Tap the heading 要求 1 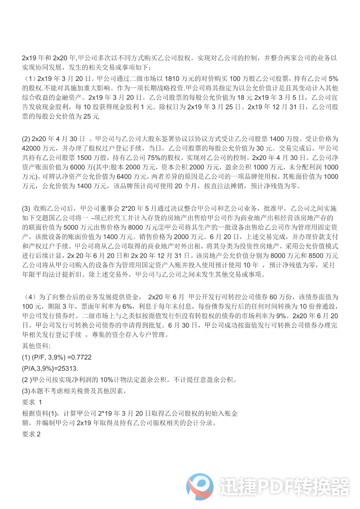tap(32, 402)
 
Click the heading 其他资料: tap(36, 346)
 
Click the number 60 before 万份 tap(273, 297)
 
